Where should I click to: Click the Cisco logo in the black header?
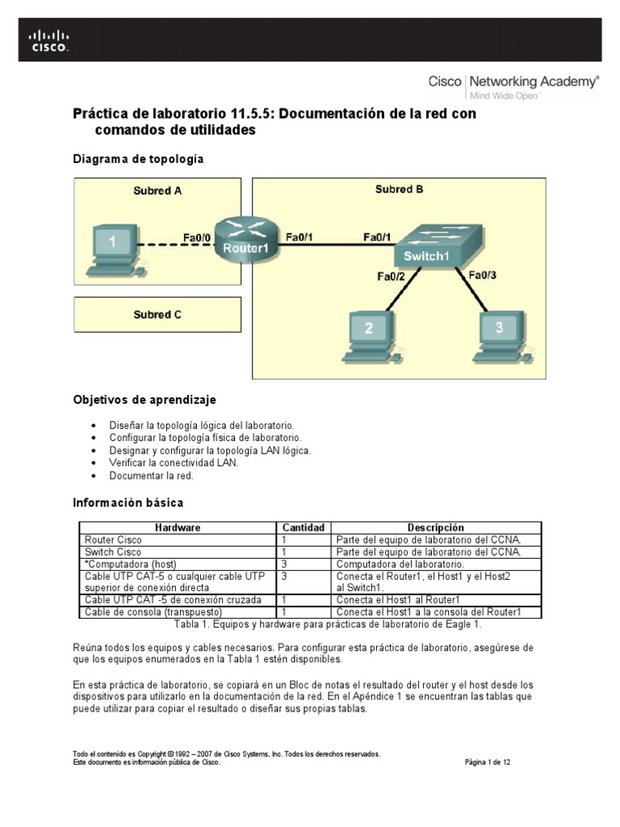(x=49, y=40)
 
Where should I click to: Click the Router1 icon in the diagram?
(x=245, y=238)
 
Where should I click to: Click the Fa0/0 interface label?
(x=197, y=237)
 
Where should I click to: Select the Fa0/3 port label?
(x=484, y=275)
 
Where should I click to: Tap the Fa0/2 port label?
(x=392, y=276)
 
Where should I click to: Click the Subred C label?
(x=157, y=315)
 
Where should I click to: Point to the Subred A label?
(x=157, y=191)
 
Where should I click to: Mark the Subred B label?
(x=399, y=189)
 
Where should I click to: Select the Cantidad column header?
(x=303, y=527)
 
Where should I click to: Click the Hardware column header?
(x=178, y=527)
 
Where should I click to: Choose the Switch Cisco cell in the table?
(x=113, y=552)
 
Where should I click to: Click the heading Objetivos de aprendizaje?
(x=145, y=400)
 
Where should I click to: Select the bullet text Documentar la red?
(x=152, y=476)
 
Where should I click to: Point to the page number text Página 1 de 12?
(x=488, y=762)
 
